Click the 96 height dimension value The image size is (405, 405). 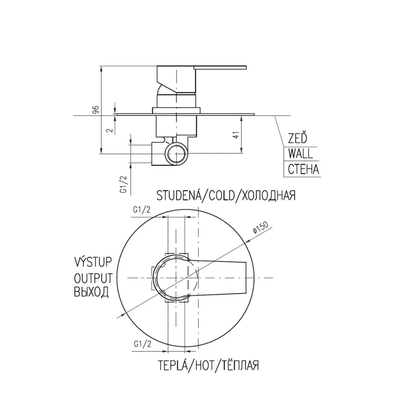pyautogui.click(x=96, y=109)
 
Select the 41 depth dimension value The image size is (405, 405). pyautogui.click(x=236, y=135)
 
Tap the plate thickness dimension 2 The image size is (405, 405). pyautogui.click(x=111, y=130)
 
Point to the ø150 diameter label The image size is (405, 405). pyautogui.click(x=261, y=227)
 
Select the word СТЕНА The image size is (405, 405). pyautogui.click(x=303, y=169)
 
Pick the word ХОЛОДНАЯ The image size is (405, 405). pyautogui.click(x=269, y=196)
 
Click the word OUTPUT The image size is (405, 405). pyautogui.click(x=93, y=278)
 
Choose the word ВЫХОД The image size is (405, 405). pyautogui.click(x=91, y=292)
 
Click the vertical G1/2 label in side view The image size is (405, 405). pyautogui.click(x=124, y=184)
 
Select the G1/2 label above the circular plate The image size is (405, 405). pyautogui.click(x=142, y=210)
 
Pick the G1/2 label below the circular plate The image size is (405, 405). pyautogui.click(x=143, y=344)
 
